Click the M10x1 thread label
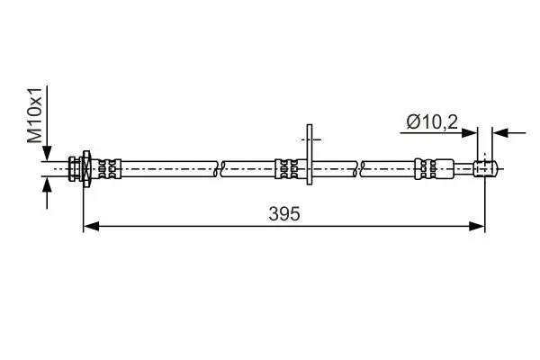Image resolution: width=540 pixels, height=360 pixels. [33, 114]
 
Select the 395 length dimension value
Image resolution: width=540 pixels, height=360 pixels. [283, 213]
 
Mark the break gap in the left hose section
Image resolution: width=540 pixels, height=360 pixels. [220, 167]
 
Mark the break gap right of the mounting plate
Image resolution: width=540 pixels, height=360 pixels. [361, 167]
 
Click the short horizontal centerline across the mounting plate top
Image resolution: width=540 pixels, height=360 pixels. [309, 139]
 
